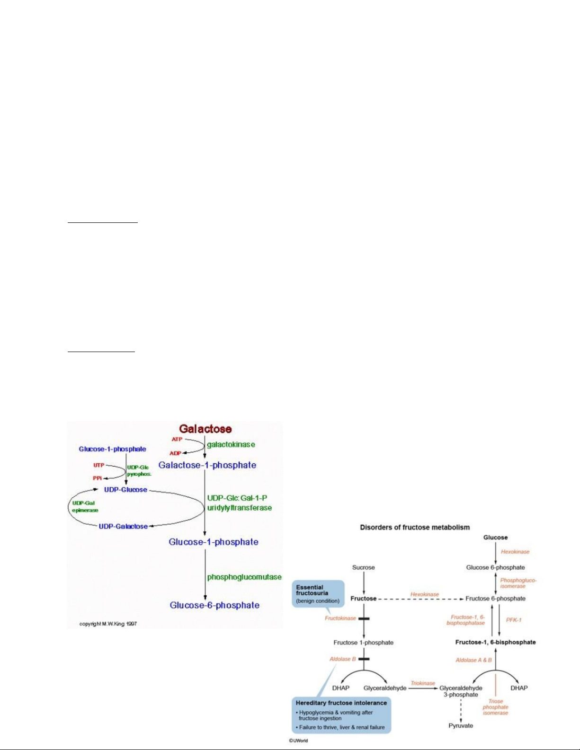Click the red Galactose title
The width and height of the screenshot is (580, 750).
coord(205,429)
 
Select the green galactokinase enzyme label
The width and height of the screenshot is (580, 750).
coord(231,444)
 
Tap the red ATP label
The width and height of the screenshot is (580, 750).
coord(177,440)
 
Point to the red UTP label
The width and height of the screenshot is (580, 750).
coord(98,466)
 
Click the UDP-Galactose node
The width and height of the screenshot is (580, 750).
coord(123,526)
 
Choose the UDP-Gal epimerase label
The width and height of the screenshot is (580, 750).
coord(85,507)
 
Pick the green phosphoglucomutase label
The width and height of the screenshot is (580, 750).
coord(244,577)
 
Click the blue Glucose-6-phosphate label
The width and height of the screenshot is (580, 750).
coord(214,605)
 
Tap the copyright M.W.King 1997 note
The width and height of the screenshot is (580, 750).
coord(108,624)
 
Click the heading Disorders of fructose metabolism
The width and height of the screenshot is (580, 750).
coord(415,527)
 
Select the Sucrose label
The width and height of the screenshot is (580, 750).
coord(364,567)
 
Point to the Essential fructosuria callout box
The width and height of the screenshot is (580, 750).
coord(318,594)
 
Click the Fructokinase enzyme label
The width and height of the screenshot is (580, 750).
coord(340,618)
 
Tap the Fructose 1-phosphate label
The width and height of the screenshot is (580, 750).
coord(364,643)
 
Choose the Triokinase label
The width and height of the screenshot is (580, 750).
coord(423,683)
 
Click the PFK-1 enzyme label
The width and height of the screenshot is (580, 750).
coord(514,620)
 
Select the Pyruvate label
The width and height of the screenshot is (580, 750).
coord(461,725)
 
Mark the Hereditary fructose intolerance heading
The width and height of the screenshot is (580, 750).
coord(341,703)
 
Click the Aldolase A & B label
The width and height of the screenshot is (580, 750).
coord(473,660)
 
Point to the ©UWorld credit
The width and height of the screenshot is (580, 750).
coord(298,741)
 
